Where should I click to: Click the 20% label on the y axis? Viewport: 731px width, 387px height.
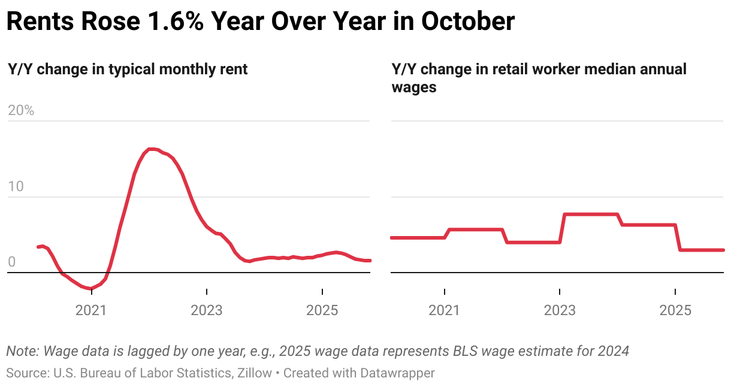(21, 111)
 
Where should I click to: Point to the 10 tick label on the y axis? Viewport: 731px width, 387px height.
(16, 186)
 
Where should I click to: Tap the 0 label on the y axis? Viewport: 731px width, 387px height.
(12, 262)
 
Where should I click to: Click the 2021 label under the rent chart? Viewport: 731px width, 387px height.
(90, 310)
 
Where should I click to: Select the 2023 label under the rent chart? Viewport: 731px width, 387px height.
(207, 310)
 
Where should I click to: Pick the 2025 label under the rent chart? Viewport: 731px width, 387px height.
(322, 310)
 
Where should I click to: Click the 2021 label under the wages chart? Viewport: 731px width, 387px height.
(444, 310)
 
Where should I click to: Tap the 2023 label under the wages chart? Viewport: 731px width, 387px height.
(560, 310)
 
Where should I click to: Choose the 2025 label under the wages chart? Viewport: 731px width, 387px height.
(675, 310)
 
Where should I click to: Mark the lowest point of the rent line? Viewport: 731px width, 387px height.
(90, 289)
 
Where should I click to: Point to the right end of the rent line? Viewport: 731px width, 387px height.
(370, 261)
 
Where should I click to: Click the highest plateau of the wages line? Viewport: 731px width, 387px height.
(591, 214)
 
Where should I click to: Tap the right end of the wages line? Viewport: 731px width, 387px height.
(723, 250)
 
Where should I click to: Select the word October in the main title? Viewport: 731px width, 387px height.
(467, 22)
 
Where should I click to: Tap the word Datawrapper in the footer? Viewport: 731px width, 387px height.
(397, 373)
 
